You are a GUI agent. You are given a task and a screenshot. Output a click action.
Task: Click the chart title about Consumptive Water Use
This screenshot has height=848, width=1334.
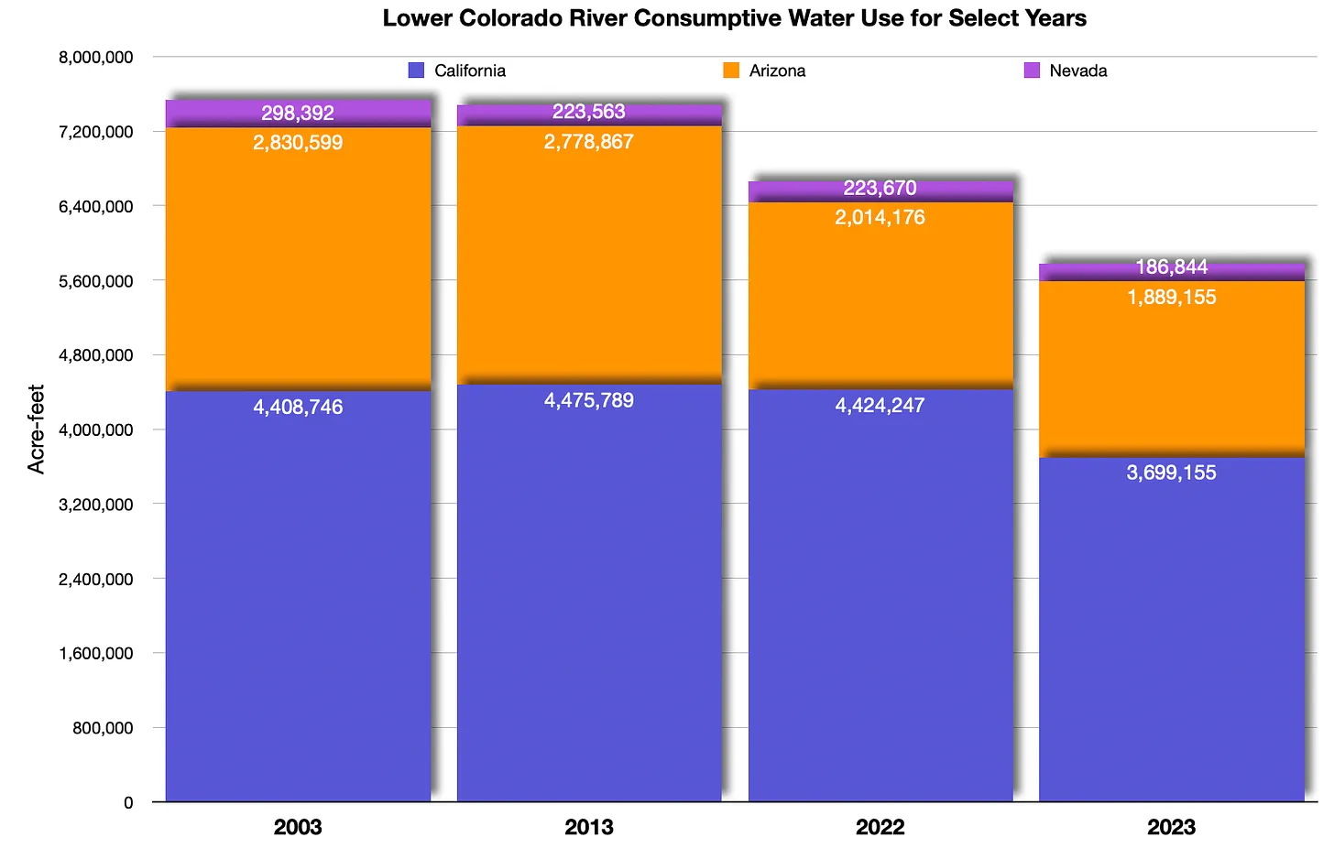coord(734,18)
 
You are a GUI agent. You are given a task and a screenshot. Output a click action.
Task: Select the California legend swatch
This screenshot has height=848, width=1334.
coord(417,71)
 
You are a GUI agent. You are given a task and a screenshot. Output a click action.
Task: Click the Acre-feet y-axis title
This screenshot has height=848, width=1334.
coord(36,429)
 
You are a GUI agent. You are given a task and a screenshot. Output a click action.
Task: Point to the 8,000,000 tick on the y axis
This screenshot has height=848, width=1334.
coord(95,58)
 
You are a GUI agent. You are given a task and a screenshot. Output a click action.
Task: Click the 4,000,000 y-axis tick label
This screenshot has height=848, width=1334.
coord(95,429)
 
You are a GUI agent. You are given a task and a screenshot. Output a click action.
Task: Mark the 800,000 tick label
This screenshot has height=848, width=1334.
coord(103,728)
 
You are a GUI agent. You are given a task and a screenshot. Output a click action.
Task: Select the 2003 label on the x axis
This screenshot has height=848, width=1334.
coord(298,828)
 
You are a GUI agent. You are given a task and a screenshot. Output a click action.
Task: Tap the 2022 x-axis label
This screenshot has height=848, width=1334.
coord(880,828)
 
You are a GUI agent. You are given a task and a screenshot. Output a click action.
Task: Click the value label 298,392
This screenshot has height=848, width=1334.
coord(298,114)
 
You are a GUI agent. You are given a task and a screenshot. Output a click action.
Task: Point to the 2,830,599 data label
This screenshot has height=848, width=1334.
coord(298,143)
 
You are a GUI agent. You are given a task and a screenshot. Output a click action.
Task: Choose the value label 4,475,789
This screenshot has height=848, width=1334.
coord(589,401)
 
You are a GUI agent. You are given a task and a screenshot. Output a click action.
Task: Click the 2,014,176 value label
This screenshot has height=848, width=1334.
coord(880,218)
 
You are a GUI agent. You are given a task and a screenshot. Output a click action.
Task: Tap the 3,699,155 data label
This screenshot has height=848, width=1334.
coord(1172,473)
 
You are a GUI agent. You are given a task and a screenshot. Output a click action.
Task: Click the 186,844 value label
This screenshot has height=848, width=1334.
coord(1172,267)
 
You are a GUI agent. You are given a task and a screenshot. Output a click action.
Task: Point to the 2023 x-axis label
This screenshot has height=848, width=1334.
coord(1172,828)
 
